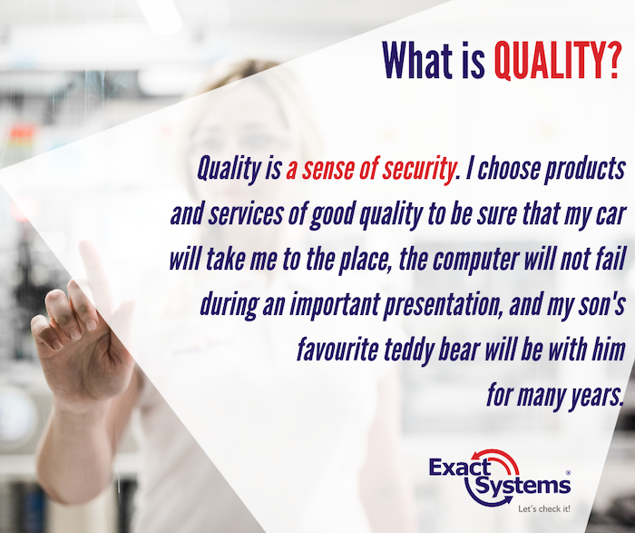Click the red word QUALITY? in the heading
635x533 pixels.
point(558,61)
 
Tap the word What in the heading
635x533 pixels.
point(417,61)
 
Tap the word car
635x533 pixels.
point(611,215)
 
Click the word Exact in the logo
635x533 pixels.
point(460,467)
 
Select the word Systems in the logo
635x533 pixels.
point(523,485)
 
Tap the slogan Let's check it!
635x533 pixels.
point(544,508)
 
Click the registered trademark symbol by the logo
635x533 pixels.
point(568,472)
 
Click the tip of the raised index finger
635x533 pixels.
point(84,244)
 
